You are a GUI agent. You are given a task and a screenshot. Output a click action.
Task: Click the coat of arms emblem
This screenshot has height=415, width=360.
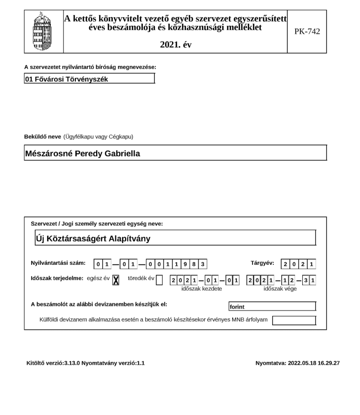44,31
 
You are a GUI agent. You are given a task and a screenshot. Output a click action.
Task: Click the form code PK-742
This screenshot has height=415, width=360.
307,31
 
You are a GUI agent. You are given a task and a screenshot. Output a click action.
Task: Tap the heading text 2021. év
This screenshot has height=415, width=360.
176,45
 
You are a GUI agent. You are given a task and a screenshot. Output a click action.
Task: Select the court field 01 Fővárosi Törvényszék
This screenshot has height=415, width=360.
89,79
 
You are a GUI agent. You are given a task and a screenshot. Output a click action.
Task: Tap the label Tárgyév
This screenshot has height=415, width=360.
262,263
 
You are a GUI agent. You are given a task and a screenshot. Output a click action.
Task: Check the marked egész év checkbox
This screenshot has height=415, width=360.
116,280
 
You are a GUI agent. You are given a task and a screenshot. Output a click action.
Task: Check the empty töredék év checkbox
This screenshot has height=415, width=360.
159,280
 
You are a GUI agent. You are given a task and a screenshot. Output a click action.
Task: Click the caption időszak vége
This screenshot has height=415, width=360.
281,289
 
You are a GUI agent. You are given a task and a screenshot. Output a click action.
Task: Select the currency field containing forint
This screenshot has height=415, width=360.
272,306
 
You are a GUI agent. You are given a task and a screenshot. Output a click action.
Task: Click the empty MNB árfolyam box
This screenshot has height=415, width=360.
294,319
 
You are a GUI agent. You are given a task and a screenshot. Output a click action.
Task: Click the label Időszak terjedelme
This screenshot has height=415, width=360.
57,278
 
